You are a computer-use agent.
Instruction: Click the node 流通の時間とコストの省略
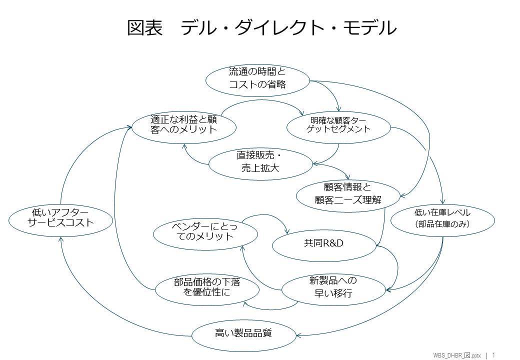click(257, 78)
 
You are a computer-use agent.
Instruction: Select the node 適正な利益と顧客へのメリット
click(183, 124)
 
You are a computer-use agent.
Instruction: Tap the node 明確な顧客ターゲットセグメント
click(338, 125)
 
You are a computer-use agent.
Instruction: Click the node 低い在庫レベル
click(442, 218)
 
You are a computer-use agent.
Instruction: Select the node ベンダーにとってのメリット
click(205, 231)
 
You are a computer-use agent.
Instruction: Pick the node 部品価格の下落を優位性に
click(206, 287)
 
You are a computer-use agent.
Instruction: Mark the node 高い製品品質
click(243, 332)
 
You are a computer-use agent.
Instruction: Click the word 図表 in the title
click(145, 28)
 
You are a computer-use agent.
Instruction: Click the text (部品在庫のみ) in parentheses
click(442, 224)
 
